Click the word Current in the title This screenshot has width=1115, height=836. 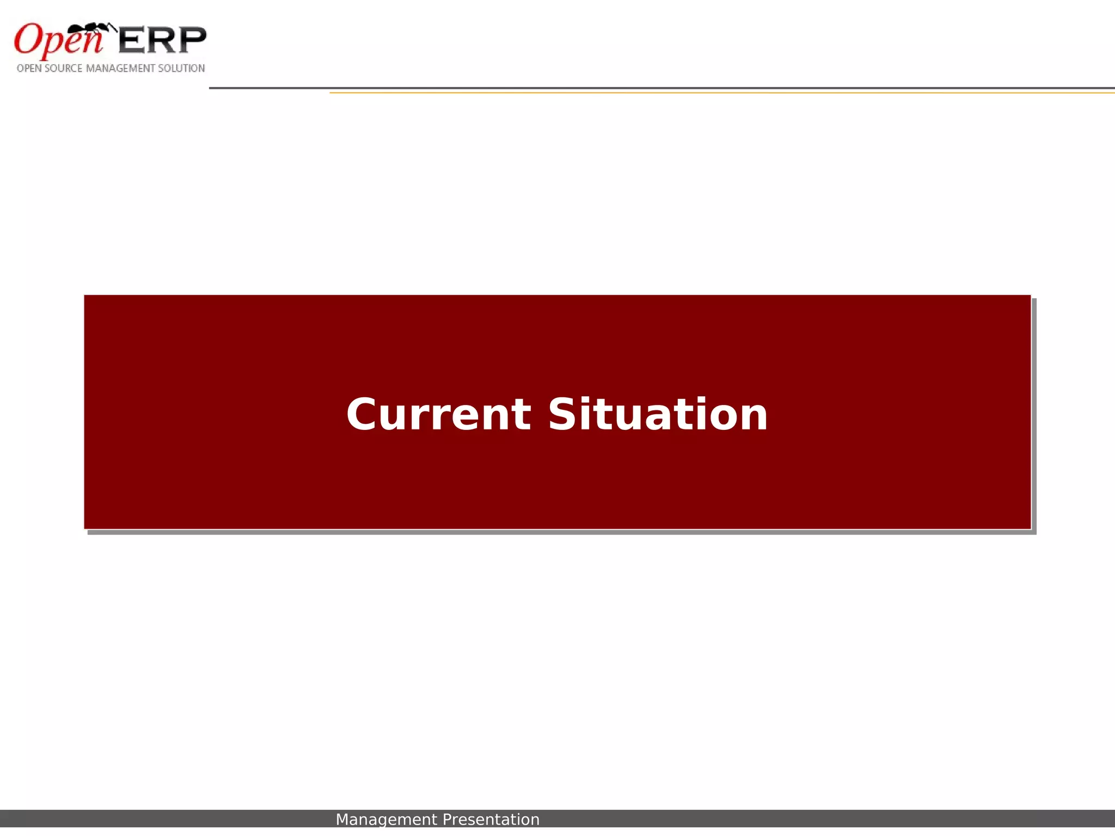(438, 415)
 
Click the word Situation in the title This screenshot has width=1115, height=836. (658, 415)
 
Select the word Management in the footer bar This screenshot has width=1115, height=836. (386, 820)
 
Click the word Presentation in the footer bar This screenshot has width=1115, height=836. (491, 820)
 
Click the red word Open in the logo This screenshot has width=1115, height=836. (58, 41)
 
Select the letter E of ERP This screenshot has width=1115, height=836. (131, 40)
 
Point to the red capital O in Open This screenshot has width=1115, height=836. (27, 39)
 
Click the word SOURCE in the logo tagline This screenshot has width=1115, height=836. (63, 69)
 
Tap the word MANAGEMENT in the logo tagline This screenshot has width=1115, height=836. (120, 69)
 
